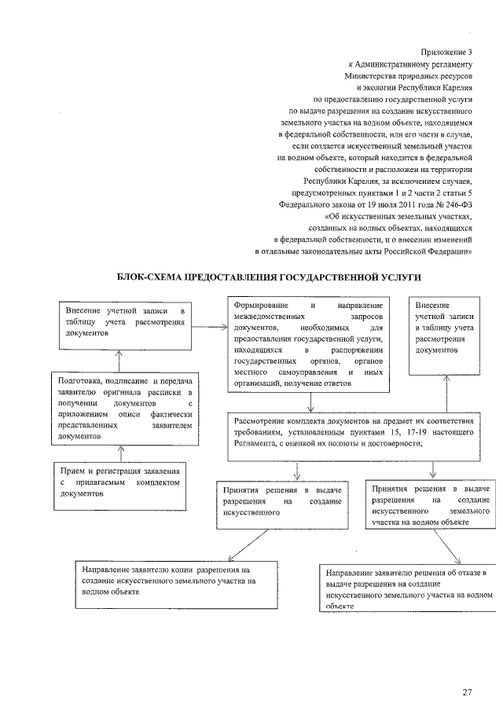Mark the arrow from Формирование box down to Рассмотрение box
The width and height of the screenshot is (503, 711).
(x=312, y=402)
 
